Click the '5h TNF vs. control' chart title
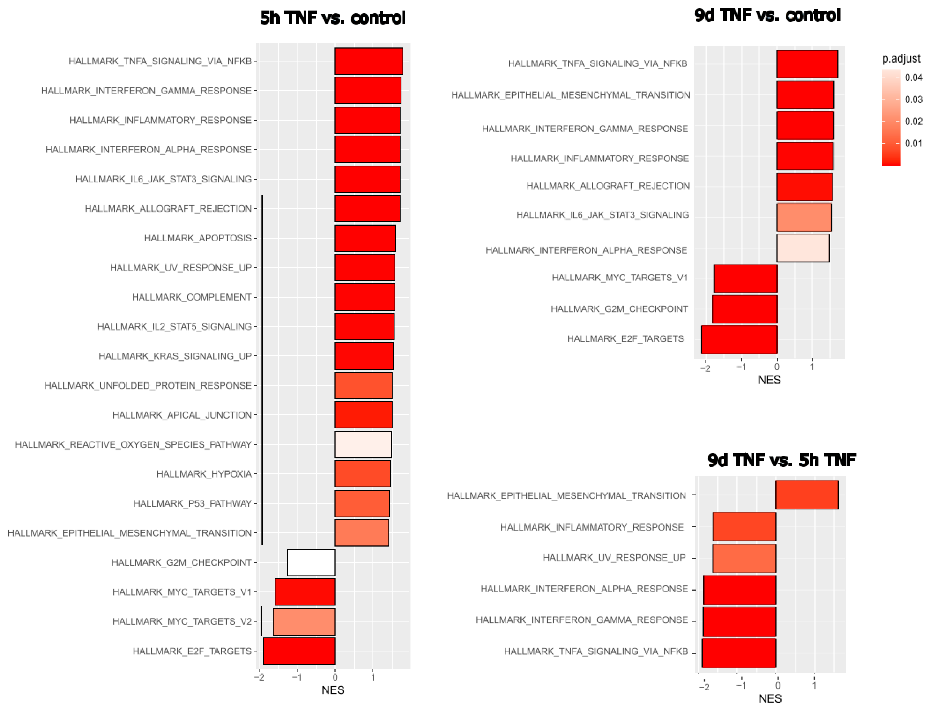click(333, 18)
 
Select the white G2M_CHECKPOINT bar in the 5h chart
click(311, 562)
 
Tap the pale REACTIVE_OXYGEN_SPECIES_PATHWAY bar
click(363, 444)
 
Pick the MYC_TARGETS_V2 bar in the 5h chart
click(304, 622)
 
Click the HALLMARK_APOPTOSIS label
click(197, 238)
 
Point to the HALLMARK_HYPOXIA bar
click(363, 474)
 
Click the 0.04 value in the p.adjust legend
click(913, 78)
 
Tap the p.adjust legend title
click(901, 59)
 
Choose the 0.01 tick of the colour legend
click(913, 143)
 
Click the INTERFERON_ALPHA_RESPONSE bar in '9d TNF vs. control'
click(803, 248)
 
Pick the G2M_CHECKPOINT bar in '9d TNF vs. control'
click(744, 309)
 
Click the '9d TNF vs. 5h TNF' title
click(782, 460)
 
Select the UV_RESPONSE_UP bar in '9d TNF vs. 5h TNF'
click(744, 558)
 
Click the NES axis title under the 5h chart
click(333, 690)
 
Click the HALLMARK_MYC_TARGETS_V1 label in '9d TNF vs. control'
click(620, 278)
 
